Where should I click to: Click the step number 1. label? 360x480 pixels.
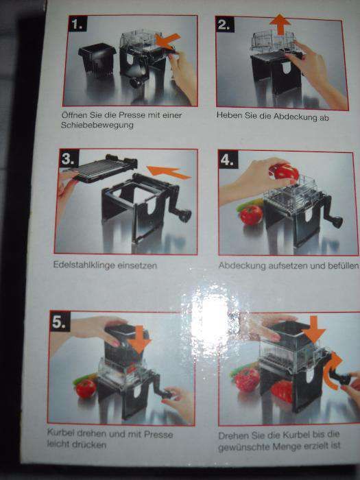pyautogui.click(x=77, y=23)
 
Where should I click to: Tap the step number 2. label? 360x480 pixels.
pyautogui.click(x=225, y=25)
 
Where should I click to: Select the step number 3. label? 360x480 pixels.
pyautogui.click(x=69, y=158)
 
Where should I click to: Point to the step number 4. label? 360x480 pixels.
pyautogui.click(x=228, y=160)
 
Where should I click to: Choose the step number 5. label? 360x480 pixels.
pyautogui.click(x=60, y=321)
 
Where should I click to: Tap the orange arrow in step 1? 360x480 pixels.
pyautogui.click(x=167, y=40)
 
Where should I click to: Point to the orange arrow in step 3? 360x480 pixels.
pyautogui.click(x=169, y=173)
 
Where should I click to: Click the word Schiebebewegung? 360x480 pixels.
pyautogui.click(x=97, y=125)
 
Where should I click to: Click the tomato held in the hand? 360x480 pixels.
pyautogui.click(x=285, y=173)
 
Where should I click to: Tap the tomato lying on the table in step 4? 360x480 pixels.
pyautogui.click(x=252, y=215)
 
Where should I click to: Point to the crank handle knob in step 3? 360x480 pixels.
pyautogui.click(x=185, y=216)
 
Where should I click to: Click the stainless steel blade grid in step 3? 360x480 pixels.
pyautogui.click(x=99, y=168)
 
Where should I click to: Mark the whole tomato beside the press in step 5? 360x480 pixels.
pyautogui.click(x=86, y=389)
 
